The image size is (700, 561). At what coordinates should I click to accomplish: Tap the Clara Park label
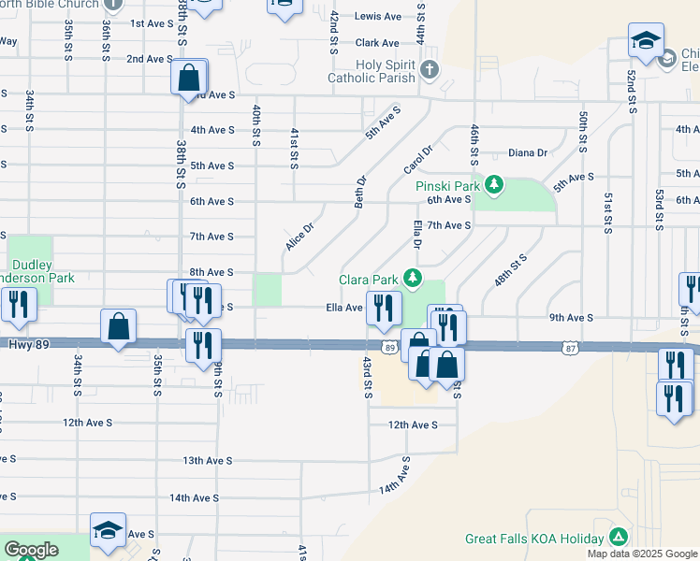coord(369,280)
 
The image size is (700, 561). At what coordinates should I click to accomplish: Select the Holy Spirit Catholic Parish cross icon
coord(429,69)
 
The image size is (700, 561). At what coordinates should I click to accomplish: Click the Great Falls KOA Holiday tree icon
coord(618,538)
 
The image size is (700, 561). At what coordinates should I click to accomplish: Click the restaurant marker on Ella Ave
coord(383,309)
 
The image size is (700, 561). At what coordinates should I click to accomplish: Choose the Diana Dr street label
coord(528,152)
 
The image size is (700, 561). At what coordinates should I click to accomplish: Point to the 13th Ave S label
coord(206,461)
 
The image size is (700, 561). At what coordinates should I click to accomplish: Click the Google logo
coord(31,551)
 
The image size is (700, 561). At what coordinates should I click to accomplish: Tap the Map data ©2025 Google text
coord(641,554)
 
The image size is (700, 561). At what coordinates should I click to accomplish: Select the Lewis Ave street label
coord(378,17)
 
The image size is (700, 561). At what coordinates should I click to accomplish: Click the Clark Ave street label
coord(378,43)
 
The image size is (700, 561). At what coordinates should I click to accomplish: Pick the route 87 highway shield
coord(571,348)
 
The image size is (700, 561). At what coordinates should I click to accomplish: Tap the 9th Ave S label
coord(571,318)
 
